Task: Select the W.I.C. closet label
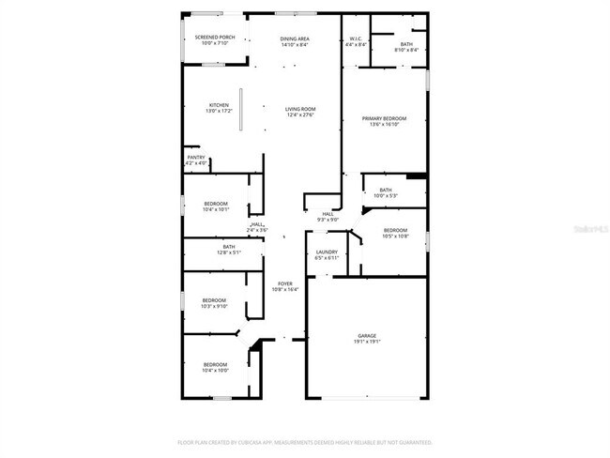click(x=356, y=41)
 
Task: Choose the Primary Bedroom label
click(x=385, y=120)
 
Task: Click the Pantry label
click(x=195, y=160)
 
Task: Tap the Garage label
click(x=366, y=338)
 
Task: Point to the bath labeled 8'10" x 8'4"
click(x=405, y=45)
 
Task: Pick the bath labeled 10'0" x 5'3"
click(x=386, y=192)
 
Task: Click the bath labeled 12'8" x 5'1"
click(x=229, y=250)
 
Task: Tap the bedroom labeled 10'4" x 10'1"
click(x=216, y=206)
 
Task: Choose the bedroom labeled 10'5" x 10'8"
click(x=395, y=233)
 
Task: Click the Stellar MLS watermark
click(x=588, y=228)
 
